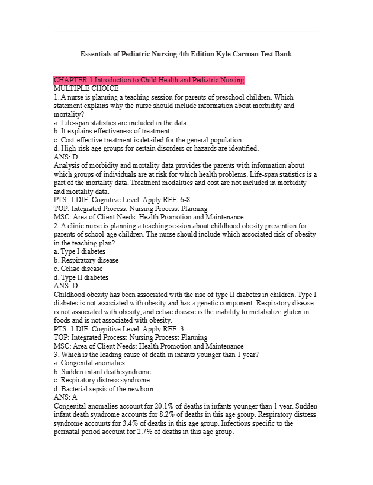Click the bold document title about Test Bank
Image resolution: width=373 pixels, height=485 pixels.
186,54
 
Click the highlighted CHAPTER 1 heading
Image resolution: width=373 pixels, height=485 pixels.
149,80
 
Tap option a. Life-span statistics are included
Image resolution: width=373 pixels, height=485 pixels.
121,123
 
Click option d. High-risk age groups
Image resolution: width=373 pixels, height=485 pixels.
156,148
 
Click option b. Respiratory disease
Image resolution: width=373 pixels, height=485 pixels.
86,260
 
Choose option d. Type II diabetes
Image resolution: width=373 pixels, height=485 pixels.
81,277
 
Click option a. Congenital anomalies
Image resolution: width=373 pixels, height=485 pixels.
89,363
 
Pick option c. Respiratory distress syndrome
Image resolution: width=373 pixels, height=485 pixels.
101,380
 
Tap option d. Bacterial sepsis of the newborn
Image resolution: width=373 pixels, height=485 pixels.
103,389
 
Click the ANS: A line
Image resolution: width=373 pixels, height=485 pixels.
65,397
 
